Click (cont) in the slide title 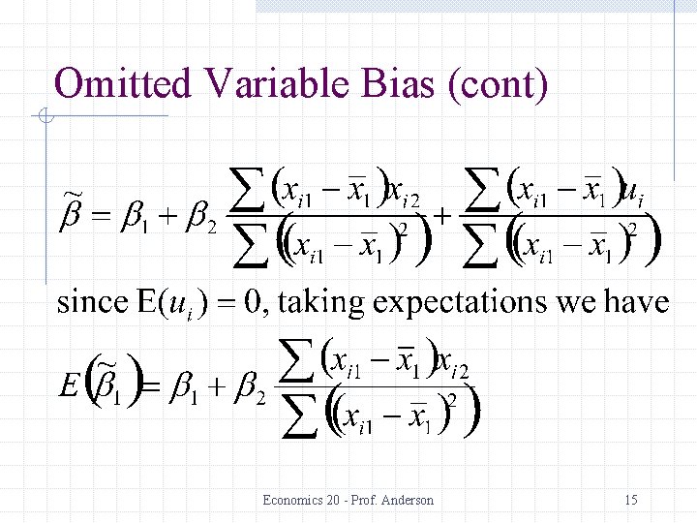497,85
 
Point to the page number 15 631,501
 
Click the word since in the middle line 91,303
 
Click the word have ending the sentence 637,303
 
